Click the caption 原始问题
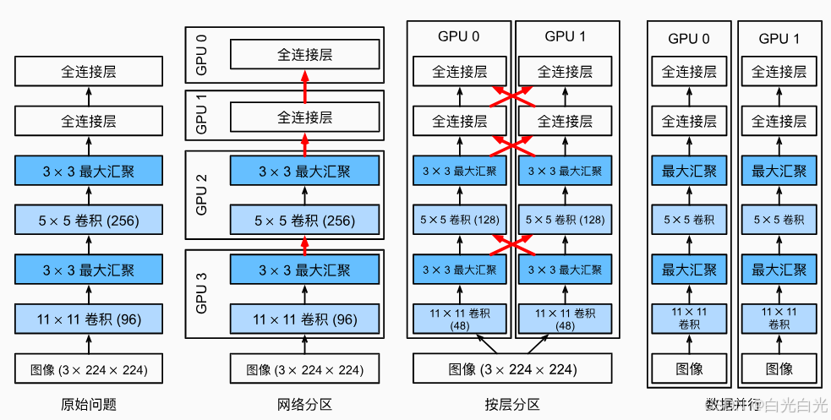(x=89, y=405)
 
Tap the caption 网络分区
(x=304, y=405)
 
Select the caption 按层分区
(x=512, y=405)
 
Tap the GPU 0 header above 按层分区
(x=459, y=36)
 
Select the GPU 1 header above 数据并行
(x=779, y=38)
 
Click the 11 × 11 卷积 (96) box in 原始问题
(x=89, y=319)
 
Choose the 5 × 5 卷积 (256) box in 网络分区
(x=304, y=221)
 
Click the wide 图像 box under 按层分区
(x=512, y=369)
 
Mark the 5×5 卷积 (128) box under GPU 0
(x=460, y=221)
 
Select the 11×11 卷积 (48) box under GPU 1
(x=565, y=319)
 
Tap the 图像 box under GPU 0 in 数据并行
(x=689, y=368)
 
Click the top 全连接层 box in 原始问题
(x=89, y=72)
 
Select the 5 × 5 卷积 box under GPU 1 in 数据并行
(x=779, y=221)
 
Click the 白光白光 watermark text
(x=795, y=406)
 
